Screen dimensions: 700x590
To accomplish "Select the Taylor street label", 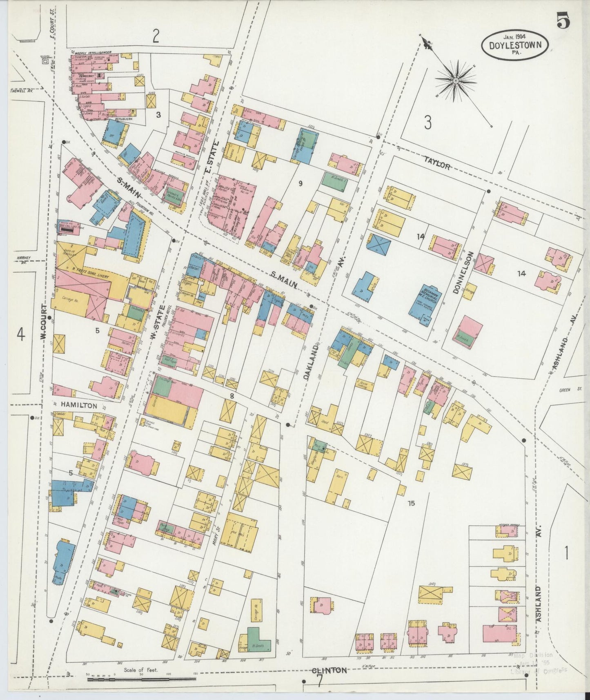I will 437,165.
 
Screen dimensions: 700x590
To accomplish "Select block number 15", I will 411,503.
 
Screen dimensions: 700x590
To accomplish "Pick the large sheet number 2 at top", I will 156,36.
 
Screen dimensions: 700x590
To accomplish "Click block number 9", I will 300,183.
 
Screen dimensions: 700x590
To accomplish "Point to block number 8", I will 232,395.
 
